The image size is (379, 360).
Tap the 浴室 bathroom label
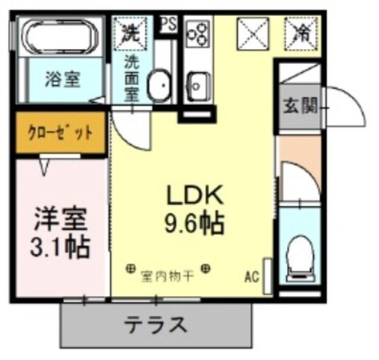click(x=60, y=81)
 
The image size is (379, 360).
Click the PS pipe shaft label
click(x=168, y=24)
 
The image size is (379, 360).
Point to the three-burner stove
click(x=196, y=34)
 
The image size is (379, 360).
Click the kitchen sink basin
click(x=197, y=81)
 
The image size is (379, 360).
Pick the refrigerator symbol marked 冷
click(x=303, y=33)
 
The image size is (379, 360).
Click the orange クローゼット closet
click(x=60, y=132)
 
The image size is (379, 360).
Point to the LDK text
click(x=197, y=195)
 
